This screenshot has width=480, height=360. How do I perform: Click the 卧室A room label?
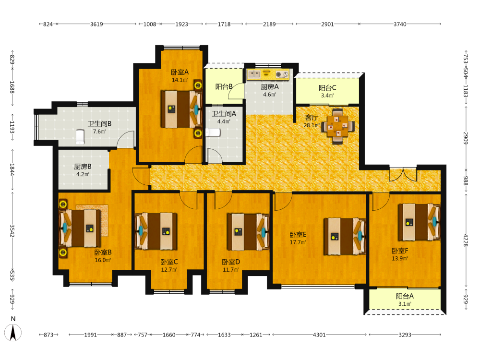pyautogui.click(x=180, y=72)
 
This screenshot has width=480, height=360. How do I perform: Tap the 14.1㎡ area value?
pyautogui.click(x=180, y=80)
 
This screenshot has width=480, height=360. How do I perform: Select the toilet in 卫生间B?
pyautogui.click(x=80, y=137)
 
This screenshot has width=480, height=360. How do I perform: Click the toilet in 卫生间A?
pyautogui.click(x=213, y=132)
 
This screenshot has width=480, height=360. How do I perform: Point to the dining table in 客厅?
pyautogui.click(x=337, y=126)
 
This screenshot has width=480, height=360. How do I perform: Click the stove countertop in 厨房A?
pyautogui.click(x=268, y=74)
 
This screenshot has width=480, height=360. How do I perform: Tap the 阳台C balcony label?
pyautogui.click(x=327, y=88)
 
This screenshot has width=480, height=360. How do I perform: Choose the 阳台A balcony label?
pyautogui.click(x=405, y=296)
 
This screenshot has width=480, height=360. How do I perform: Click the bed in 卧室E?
pyautogui.click(x=345, y=236)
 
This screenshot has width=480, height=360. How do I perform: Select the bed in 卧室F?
pyautogui.click(x=419, y=222)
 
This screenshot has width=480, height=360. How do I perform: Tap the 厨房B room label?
pyautogui.click(x=83, y=167)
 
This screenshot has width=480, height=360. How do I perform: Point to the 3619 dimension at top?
pyautogui.click(x=96, y=24)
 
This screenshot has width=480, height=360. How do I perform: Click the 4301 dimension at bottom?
pyautogui.click(x=319, y=335)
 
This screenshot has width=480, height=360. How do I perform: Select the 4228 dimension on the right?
pyautogui.click(x=466, y=240)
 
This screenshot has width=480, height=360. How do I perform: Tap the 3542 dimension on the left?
pyautogui.click(x=12, y=231)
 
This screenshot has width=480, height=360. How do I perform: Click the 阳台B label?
pyautogui.click(x=224, y=86)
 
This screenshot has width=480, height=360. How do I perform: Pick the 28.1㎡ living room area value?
pyautogui.click(x=312, y=125)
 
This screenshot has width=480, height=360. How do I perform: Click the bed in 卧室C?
pyautogui.click(x=156, y=231)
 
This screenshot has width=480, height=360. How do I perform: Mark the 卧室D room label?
pyautogui.click(x=231, y=262)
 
